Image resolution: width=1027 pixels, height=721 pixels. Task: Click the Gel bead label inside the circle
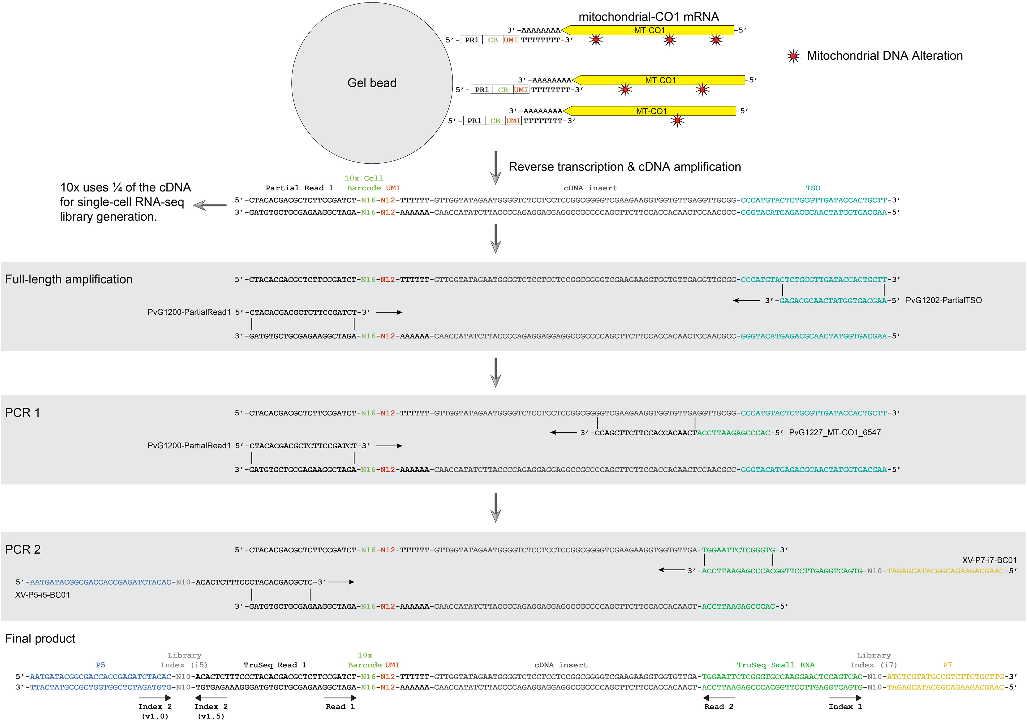click(x=372, y=83)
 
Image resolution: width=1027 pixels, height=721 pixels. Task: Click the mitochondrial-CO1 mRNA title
click(x=648, y=17)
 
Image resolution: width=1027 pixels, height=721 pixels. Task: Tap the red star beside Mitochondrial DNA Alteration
click(x=793, y=56)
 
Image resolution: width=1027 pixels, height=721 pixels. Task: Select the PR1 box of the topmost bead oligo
click(x=472, y=40)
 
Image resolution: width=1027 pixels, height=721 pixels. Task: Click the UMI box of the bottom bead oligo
click(x=513, y=121)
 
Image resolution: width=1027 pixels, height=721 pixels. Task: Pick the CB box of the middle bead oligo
click(x=503, y=90)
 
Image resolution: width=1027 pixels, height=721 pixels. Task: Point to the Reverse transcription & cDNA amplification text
click(x=624, y=167)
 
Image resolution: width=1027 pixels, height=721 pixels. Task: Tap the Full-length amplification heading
click(x=69, y=279)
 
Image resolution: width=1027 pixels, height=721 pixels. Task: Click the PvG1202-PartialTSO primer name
click(x=944, y=300)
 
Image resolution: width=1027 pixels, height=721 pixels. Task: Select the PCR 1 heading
click(x=22, y=412)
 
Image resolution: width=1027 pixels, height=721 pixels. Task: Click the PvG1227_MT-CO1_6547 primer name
click(x=835, y=432)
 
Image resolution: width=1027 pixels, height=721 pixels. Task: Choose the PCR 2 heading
click(x=23, y=550)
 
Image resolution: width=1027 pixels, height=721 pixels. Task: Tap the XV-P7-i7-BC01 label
click(x=989, y=560)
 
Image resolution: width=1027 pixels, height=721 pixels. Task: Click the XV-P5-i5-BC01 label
click(x=42, y=595)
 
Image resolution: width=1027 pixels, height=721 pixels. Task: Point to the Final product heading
click(x=40, y=639)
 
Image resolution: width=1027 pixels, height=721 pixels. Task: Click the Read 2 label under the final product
click(x=718, y=707)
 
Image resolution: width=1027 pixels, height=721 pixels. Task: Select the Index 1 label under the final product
click(x=845, y=707)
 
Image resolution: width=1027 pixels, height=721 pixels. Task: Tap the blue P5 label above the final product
click(x=100, y=665)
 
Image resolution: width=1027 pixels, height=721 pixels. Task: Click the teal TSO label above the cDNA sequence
click(x=813, y=188)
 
